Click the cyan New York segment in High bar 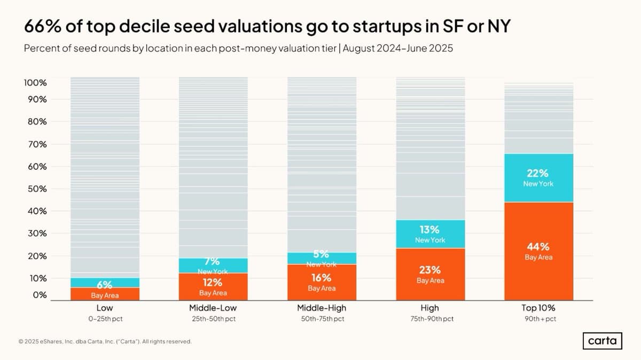[430, 233]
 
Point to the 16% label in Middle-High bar [322, 278]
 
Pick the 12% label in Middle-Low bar [213, 283]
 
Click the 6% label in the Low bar [105, 285]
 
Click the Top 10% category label [538, 308]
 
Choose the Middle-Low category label [213, 308]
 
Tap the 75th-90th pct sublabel [429, 319]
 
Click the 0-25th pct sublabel [105, 319]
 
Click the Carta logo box [602, 341]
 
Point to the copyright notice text [105, 341]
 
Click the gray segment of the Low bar [105, 176]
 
